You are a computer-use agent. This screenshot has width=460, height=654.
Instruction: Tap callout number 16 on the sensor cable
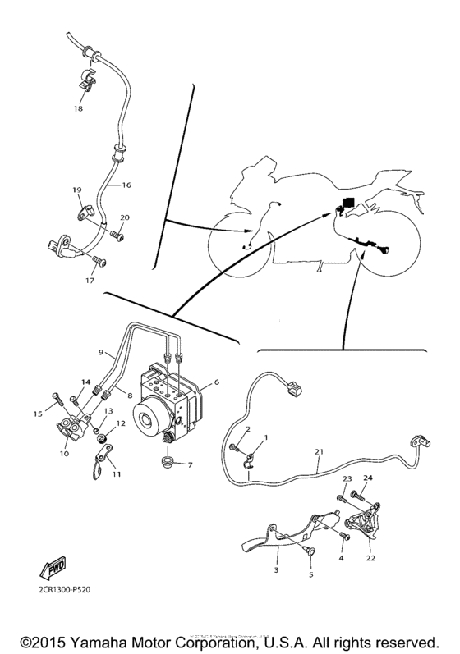tap(126, 186)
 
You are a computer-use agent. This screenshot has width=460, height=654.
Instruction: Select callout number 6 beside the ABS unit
tap(217, 382)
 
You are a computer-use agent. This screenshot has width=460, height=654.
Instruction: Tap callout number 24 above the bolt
tap(368, 478)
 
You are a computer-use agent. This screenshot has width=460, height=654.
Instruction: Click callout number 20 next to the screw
tap(125, 218)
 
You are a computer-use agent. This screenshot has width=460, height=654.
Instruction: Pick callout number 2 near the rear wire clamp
tap(247, 430)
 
